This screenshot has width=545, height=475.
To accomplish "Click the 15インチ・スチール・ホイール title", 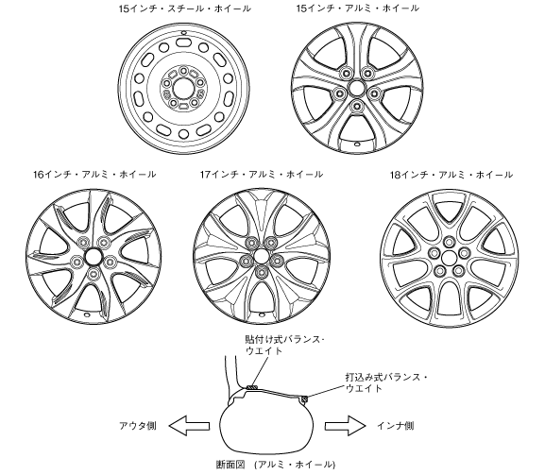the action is [184, 8].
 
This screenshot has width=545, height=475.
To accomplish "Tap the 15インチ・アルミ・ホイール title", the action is [358, 8].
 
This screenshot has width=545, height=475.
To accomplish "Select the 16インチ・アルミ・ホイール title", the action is [94, 174].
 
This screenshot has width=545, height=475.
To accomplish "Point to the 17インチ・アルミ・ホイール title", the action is [262, 174].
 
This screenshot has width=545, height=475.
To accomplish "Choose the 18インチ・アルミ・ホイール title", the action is [451, 174].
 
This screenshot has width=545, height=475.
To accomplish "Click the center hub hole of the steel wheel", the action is [183, 88].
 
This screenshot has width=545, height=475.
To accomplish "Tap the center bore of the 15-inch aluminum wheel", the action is [357, 87].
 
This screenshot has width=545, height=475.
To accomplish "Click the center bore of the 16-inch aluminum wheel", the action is [93, 257].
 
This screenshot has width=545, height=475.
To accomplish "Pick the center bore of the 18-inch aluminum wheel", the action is [449, 258].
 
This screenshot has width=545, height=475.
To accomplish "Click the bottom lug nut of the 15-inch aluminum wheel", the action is [357, 106].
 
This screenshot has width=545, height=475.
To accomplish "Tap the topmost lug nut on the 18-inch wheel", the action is [449, 242].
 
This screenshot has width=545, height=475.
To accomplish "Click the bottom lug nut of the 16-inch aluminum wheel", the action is [93, 274].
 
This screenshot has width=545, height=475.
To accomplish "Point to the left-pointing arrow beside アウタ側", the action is [189, 426].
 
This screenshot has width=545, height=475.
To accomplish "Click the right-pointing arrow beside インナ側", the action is [346, 426].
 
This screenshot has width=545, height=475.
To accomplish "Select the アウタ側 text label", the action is [138, 426].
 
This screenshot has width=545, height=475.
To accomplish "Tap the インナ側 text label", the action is [396, 426].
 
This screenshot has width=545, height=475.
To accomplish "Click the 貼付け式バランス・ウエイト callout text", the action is [284, 345].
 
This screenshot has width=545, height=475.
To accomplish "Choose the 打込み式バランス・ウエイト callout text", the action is [386, 382].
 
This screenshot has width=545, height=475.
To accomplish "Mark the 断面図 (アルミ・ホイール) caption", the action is [276, 465].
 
